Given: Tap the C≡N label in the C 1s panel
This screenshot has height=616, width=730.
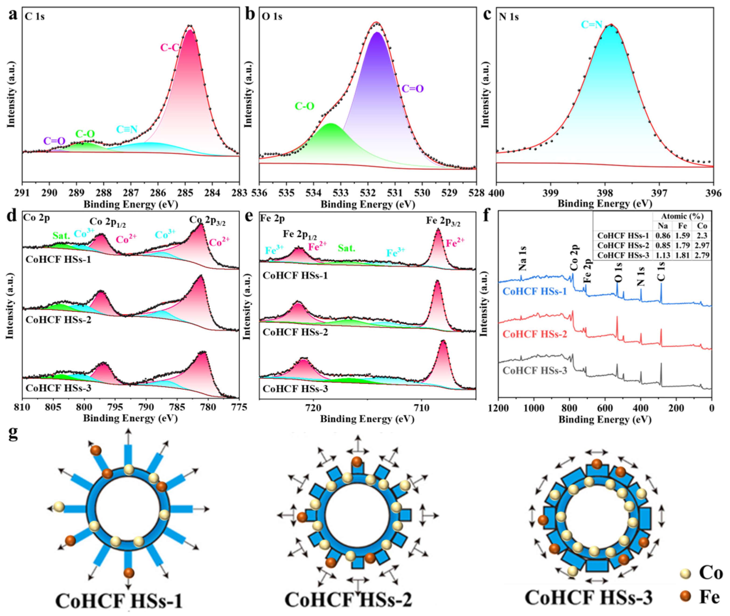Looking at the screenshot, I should point(127,130).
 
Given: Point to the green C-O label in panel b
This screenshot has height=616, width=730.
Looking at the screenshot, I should point(305,106).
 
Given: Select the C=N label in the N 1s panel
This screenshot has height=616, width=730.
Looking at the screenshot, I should point(592,25).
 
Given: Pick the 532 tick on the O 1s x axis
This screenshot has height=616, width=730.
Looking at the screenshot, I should point(368,193).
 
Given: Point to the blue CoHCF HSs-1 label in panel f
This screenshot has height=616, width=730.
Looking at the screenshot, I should point(534,291).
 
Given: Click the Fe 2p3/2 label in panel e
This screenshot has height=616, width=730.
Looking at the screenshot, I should point(443,221).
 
